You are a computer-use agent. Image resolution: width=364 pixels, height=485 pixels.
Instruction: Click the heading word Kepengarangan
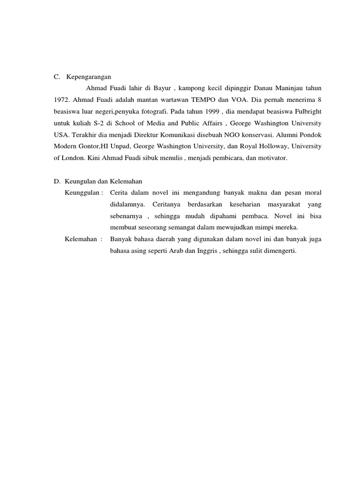88,76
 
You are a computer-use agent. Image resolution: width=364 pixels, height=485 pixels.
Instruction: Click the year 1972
60,99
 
